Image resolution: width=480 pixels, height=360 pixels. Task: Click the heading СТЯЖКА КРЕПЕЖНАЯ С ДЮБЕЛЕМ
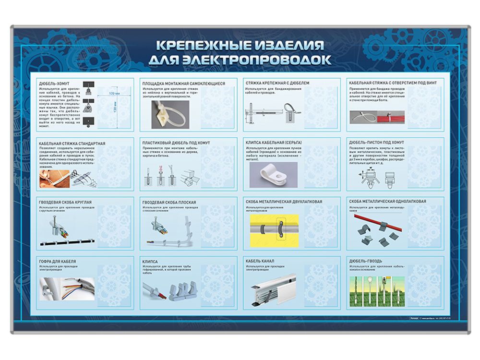point(277,83)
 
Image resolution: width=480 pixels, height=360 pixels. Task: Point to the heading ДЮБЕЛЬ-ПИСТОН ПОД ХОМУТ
point(377,143)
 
